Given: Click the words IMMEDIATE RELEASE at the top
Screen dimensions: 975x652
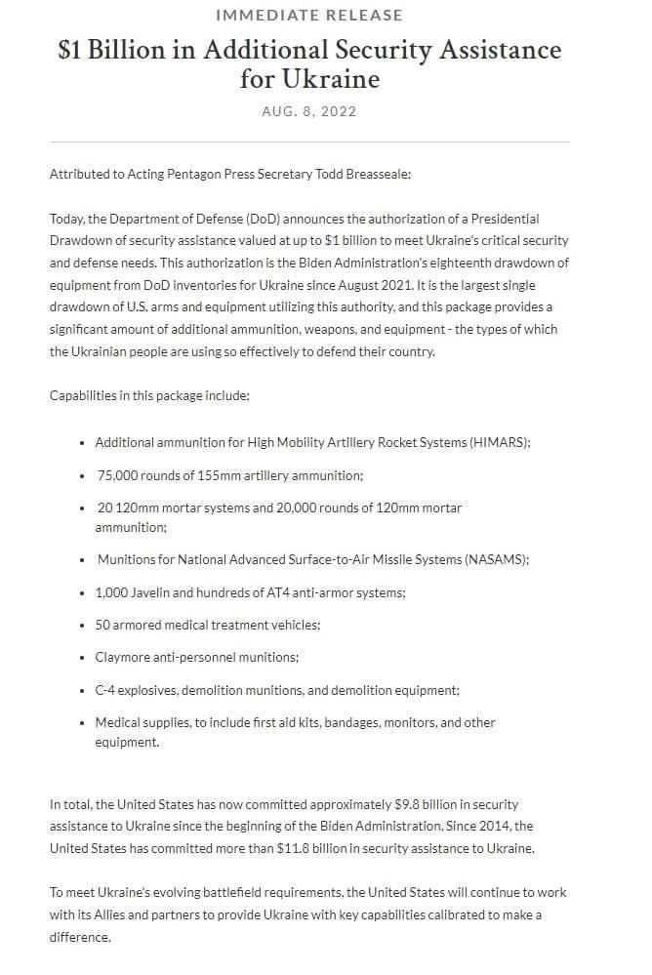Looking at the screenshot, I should point(308,16).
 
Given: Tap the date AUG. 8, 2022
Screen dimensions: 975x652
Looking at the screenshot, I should point(308,111).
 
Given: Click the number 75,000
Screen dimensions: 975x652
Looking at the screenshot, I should point(120,475).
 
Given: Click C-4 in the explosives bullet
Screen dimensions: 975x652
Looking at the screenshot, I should point(106,690).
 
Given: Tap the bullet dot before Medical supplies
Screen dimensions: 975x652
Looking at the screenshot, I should point(82,723).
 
